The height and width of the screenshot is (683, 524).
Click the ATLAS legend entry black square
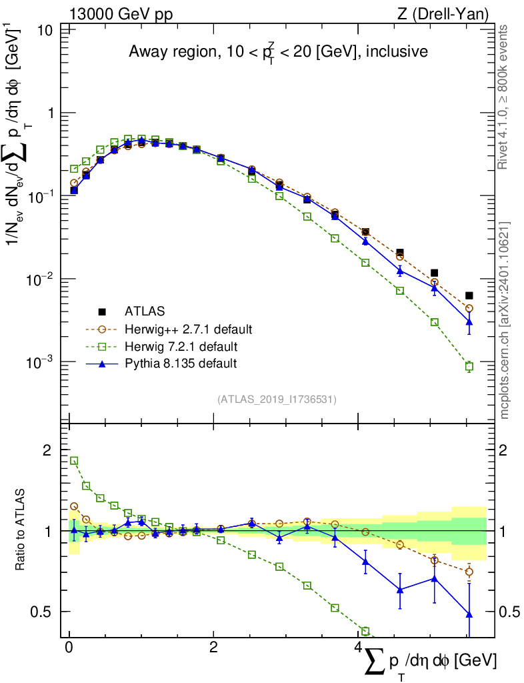click(102, 311)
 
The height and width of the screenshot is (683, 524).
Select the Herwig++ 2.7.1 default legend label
click(189, 329)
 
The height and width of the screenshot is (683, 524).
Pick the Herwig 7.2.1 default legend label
click(181, 347)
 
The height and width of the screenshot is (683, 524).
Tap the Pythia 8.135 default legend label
click(181, 364)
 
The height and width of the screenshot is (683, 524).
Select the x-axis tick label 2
click(213, 647)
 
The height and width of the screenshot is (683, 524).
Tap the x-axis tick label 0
click(69, 647)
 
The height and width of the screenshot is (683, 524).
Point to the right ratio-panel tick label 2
click(503, 450)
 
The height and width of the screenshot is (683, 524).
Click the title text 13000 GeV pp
click(121, 15)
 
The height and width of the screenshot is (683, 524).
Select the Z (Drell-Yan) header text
click(443, 15)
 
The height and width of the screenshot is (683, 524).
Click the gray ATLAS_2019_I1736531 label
click(277, 400)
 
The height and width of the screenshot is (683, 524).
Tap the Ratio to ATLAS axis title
click(20, 530)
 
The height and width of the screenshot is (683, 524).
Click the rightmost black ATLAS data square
click(469, 295)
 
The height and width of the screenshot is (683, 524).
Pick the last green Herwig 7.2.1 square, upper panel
click(469, 366)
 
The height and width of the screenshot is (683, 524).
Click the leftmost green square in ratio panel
click(74, 461)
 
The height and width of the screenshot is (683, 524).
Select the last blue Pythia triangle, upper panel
click(469, 322)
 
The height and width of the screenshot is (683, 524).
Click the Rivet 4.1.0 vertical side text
click(503, 97)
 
